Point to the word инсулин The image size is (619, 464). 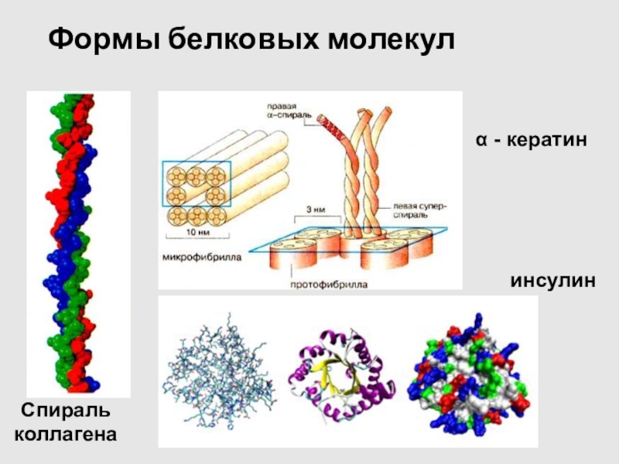pyautogui.click(x=552, y=280)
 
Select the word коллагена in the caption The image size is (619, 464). pyautogui.click(x=66, y=434)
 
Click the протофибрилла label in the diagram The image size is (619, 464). pyautogui.click(x=328, y=284)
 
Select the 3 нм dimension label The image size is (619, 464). pyautogui.click(x=313, y=208)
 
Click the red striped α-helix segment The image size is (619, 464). pyautogui.click(x=329, y=123)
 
